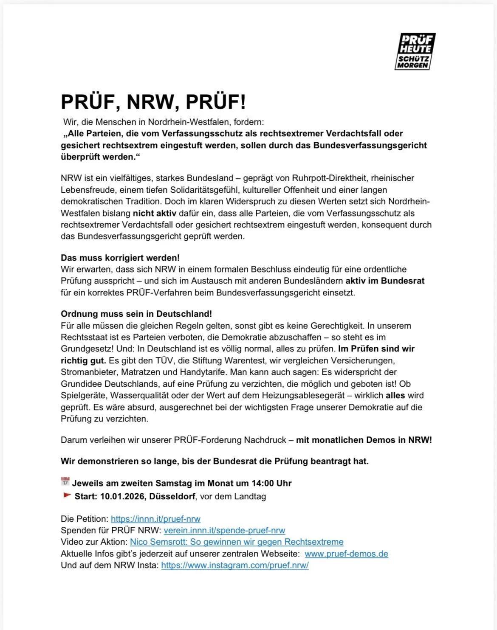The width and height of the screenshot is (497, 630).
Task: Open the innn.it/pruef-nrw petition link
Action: [x=155, y=519]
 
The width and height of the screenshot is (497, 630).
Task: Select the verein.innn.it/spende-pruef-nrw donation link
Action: [x=224, y=530]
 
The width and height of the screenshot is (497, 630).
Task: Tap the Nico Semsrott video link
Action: [x=237, y=542]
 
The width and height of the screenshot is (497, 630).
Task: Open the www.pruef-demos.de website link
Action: [x=346, y=554]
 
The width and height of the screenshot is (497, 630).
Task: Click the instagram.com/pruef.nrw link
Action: [x=235, y=565]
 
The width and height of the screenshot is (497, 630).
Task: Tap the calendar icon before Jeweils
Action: [x=65, y=482]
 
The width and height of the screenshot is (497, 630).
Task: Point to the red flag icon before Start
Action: [x=67, y=495]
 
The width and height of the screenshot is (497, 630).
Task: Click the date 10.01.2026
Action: [x=122, y=496]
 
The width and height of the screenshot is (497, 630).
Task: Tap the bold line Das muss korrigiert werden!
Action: [x=120, y=258]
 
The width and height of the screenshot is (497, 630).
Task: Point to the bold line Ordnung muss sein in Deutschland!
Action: [x=136, y=314]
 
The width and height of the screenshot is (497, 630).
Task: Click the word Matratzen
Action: [x=141, y=372]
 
